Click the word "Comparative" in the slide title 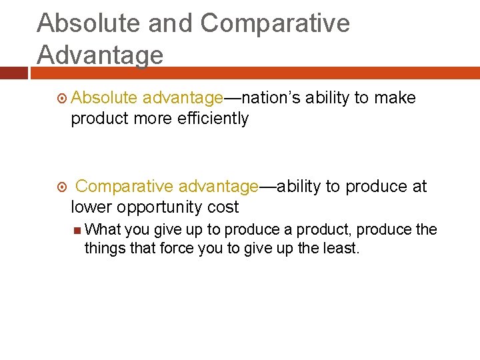pyautogui.click(x=275, y=23)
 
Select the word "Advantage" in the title pyautogui.click(x=100, y=55)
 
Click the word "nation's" pyautogui.click(x=271, y=98)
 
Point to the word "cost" pyautogui.click(x=223, y=207)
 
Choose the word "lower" pyautogui.click(x=90, y=207)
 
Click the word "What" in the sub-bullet pyautogui.click(x=103, y=230)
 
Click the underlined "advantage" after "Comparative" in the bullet pyautogui.click(x=218, y=187)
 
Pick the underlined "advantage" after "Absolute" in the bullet pyautogui.click(x=182, y=98)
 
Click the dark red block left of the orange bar pyautogui.click(x=13, y=72)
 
